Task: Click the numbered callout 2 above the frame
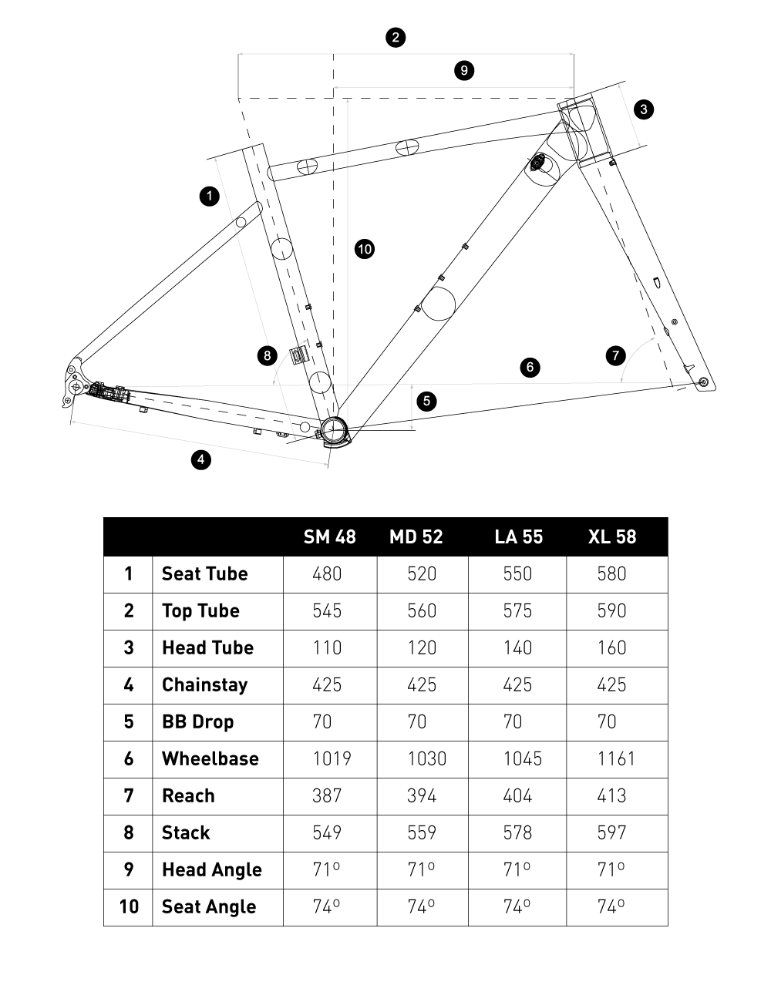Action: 396,37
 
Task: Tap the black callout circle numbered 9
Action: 463,70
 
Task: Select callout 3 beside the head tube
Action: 643,109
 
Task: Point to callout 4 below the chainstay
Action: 200,460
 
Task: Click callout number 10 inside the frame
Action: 365,248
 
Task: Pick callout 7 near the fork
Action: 615,355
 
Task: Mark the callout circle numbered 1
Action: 209,196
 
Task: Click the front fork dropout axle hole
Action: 702,382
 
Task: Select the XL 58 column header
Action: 612,536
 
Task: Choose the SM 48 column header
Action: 329,536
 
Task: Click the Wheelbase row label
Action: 210,758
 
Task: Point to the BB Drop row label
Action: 197,721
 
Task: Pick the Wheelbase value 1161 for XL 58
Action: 616,758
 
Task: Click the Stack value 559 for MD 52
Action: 422,832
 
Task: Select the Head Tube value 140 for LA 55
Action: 517,647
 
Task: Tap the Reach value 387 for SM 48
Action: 327,795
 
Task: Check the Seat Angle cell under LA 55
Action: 517,906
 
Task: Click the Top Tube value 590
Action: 611,610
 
